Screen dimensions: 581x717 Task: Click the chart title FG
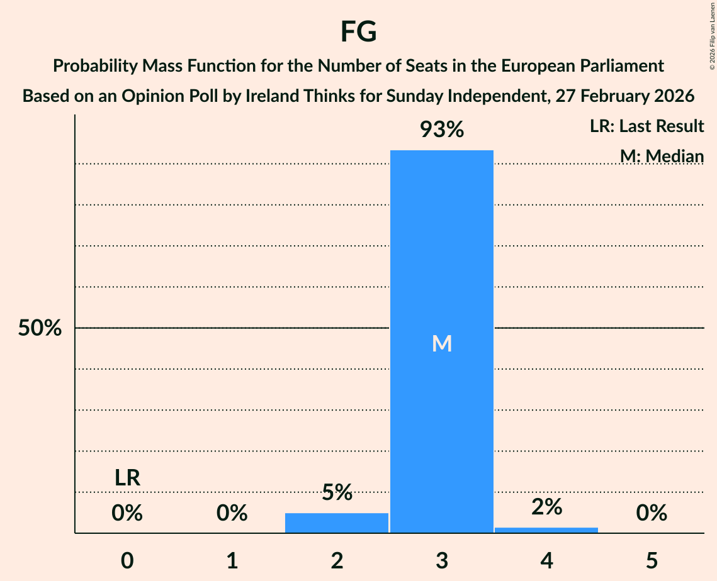(358, 31)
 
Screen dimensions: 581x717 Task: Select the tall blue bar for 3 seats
(441, 252)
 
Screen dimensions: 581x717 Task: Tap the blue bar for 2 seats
(337, 523)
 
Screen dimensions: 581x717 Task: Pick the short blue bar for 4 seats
(546, 530)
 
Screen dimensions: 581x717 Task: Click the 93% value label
(442, 130)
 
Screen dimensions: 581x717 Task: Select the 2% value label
(546, 507)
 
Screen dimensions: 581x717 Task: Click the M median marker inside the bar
(442, 343)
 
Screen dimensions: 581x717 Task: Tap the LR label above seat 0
(127, 479)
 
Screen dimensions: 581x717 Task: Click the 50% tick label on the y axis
(40, 328)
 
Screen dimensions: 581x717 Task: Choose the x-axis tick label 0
(127, 561)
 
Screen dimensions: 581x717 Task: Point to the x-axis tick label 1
(232, 561)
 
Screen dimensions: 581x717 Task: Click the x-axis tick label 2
(337, 561)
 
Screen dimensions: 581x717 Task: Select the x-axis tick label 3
(442, 561)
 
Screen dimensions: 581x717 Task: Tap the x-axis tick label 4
(546, 561)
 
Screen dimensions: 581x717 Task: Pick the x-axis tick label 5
(652, 561)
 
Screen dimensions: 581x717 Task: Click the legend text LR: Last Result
(646, 126)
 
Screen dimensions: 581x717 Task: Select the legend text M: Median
(662, 156)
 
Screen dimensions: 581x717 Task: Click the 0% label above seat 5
(652, 514)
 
